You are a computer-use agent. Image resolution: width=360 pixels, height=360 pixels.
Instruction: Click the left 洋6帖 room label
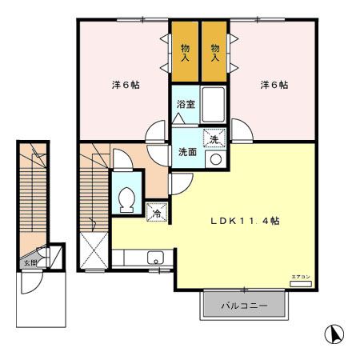tap(124, 85)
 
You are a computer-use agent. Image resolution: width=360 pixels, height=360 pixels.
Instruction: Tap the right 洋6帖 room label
tap(274, 85)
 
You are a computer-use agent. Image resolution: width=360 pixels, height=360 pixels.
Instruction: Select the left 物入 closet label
tap(184, 53)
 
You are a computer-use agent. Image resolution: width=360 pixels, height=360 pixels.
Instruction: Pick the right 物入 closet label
tap(214, 53)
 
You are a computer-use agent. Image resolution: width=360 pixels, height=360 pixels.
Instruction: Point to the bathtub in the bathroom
tap(214, 104)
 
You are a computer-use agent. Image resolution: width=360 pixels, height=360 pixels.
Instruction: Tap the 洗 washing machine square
tap(214, 139)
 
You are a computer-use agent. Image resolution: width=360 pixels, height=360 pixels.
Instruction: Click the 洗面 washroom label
tap(186, 152)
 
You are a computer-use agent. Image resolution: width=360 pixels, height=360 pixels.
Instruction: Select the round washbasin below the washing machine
tap(214, 159)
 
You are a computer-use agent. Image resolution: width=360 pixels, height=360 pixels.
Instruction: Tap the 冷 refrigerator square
tap(158, 214)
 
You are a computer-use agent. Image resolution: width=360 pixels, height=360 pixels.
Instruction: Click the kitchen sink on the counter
tap(155, 258)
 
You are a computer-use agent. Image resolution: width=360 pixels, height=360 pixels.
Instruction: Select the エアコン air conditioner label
tap(301, 277)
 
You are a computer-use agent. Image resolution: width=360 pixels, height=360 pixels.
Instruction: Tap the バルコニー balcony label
tap(243, 305)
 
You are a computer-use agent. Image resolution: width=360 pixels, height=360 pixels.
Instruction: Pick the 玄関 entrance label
tap(30, 262)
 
